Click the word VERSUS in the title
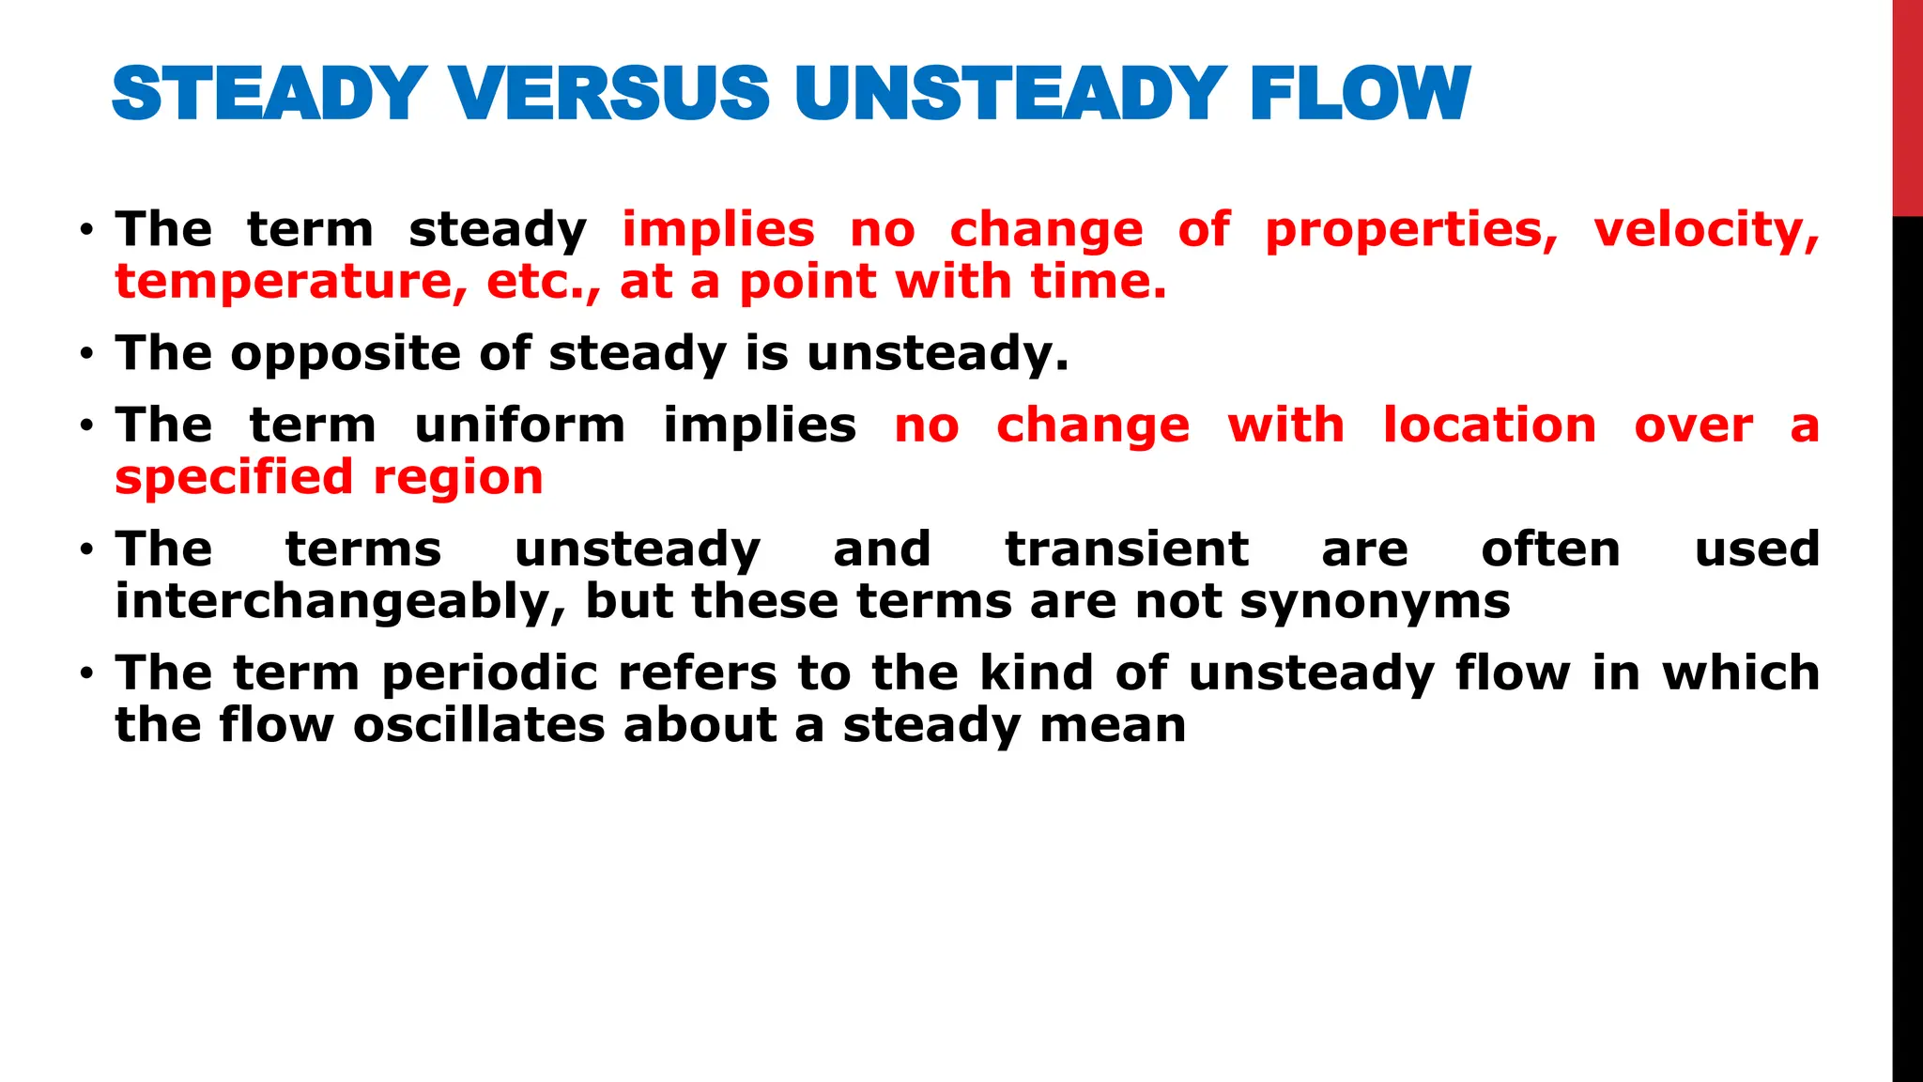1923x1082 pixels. (609, 93)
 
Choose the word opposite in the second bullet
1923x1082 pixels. (345, 355)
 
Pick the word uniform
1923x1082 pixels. (519, 425)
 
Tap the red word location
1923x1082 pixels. (1489, 425)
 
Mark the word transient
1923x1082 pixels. (1127, 549)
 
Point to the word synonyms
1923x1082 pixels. (1375, 602)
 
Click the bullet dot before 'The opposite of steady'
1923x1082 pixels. (86, 355)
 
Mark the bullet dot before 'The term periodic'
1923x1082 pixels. (86, 674)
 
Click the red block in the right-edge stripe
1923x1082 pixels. (1907, 108)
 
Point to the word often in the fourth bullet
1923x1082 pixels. (1550, 549)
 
